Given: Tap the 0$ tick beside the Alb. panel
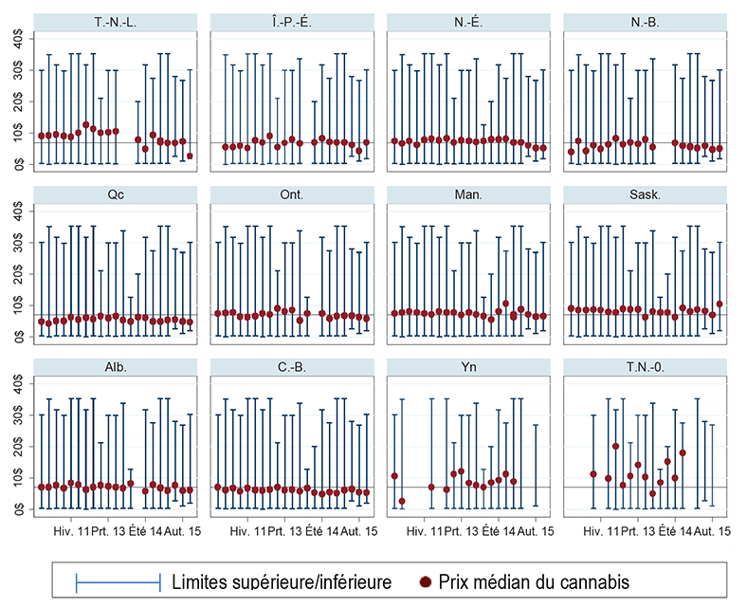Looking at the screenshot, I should pyautogui.click(x=19, y=508).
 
